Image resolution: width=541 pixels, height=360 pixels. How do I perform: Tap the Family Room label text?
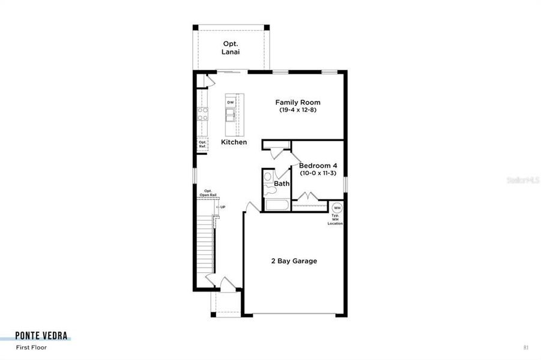click(297, 103)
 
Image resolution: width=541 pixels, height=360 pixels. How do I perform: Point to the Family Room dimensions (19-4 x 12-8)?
click(297, 110)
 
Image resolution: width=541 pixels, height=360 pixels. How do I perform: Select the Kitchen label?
click(234, 142)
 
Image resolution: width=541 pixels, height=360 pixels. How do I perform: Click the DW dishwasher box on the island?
click(230, 103)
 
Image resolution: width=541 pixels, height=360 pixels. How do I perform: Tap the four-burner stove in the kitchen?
click(203, 113)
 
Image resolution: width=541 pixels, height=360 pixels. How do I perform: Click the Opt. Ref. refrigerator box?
click(203, 144)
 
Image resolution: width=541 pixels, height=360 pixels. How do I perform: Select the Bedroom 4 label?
click(318, 165)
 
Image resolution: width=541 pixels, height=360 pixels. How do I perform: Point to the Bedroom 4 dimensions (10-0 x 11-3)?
click(318, 173)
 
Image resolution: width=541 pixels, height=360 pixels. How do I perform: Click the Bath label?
click(282, 184)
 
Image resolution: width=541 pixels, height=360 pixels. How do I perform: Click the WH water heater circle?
click(337, 208)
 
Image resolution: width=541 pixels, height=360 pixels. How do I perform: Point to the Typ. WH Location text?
click(335, 220)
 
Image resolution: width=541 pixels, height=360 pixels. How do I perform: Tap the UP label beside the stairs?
click(222, 207)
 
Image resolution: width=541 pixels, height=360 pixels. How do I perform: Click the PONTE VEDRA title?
click(42, 335)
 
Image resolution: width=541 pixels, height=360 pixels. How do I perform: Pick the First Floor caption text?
click(31, 347)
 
